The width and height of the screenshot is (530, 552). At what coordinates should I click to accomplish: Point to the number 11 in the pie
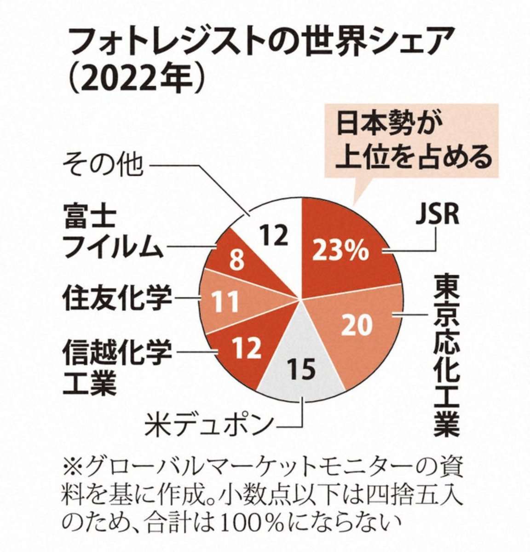(225, 302)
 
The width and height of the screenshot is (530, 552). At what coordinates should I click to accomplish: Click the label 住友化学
(118, 299)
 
